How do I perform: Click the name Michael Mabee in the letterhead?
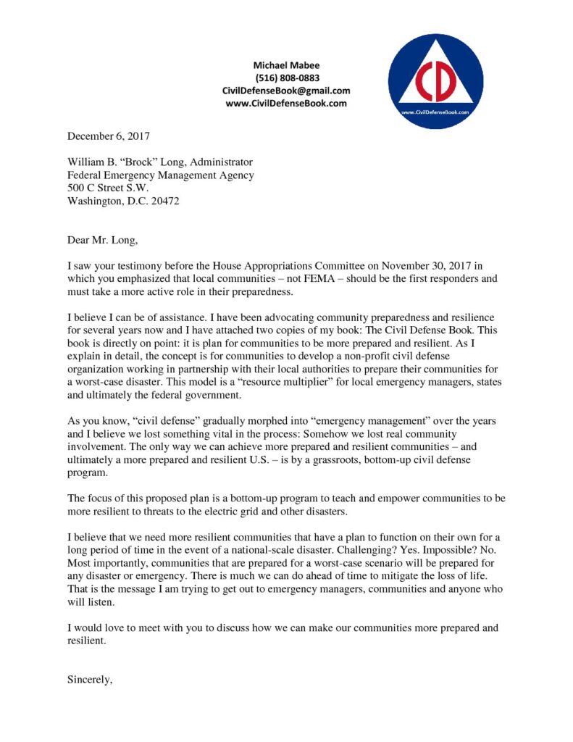coord(286,65)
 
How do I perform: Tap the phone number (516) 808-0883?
coord(286,78)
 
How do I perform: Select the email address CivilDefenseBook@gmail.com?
coord(286,91)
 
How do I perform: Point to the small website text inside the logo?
coord(435,112)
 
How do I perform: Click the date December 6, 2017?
coord(109,136)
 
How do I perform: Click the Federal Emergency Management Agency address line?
coord(161,175)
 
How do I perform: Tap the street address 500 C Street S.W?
coord(108,188)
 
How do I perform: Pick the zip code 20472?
coord(164,201)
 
